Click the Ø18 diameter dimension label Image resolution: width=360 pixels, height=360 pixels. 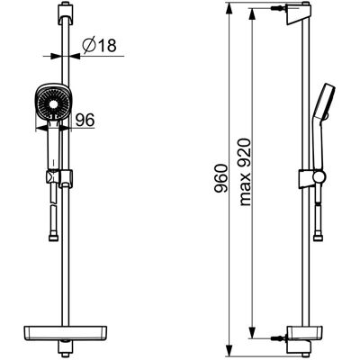pyautogui.click(x=99, y=46)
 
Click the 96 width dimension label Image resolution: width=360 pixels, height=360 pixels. pyautogui.click(x=85, y=120)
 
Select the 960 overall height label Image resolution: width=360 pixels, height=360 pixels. pyautogui.click(x=222, y=178)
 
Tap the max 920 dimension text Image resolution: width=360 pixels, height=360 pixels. pyautogui.click(x=245, y=172)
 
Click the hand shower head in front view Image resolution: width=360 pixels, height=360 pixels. pyautogui.click(x=53, y=103)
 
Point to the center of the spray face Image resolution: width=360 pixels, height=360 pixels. pyautogui.click(x=53, y=104)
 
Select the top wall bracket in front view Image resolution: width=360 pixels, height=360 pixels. pyautogui.click(x=66, y=13)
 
